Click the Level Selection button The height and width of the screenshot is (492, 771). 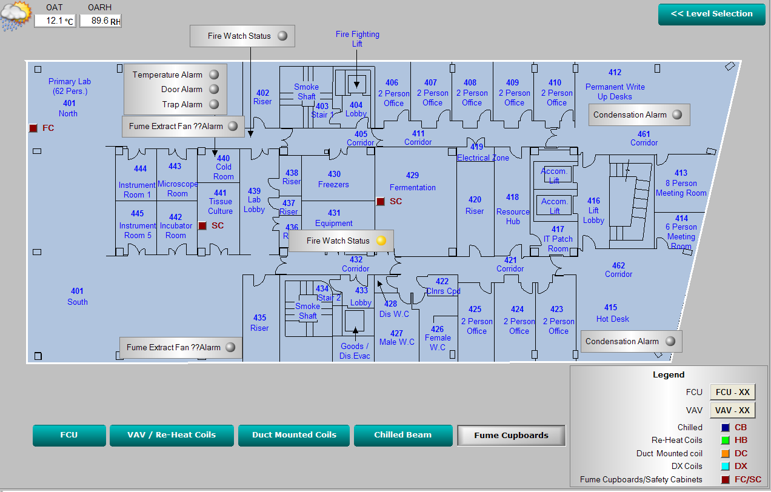[711, 14]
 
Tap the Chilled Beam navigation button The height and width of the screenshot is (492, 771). [402, 435]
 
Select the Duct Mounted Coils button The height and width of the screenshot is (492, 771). [294, 435]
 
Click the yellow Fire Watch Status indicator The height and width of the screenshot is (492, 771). [381, 241]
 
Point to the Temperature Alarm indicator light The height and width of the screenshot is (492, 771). [214, 75]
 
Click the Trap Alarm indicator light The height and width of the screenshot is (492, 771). [214, 104]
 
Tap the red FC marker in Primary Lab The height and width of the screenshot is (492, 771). [33, 128]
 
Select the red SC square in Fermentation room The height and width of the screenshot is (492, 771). [381, 201]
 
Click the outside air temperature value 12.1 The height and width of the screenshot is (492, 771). [55, 21]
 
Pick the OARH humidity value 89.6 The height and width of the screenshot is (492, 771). [100, 21]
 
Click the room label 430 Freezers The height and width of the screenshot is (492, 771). [334, 179]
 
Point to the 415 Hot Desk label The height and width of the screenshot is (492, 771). [612, 313]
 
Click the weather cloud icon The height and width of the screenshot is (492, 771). [15, 15]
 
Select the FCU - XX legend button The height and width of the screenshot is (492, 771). [732, 392]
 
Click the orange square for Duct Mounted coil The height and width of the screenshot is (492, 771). [726, 453]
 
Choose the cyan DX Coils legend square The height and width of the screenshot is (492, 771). [726, 466]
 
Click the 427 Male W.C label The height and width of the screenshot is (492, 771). [397, 337]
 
